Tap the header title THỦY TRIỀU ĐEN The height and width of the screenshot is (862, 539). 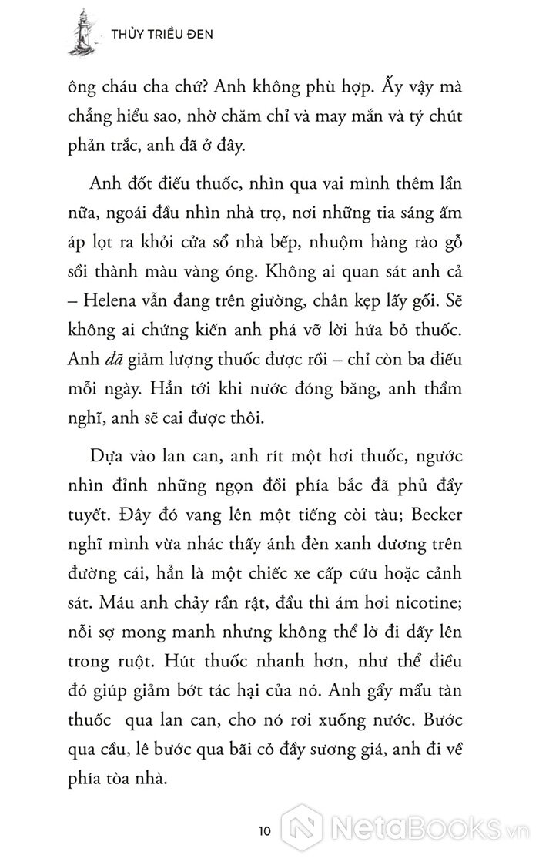[162, 34]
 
